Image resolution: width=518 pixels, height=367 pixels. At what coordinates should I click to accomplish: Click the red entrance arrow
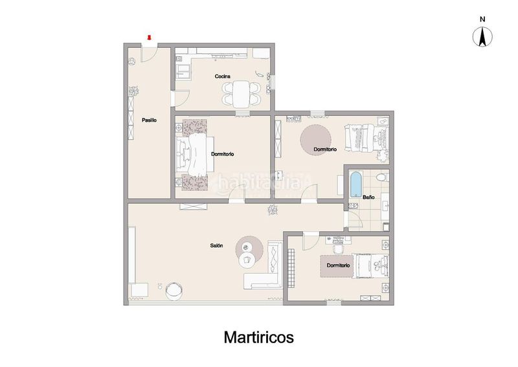pyautogui.click(x=149, y=38)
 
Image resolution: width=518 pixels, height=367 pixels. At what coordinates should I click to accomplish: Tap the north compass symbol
pyautogui.click(x=482, y=37)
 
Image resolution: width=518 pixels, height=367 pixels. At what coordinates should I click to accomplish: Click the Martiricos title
pyautogui.click(x=258, y=337)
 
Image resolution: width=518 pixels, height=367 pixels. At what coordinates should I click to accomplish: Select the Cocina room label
pyautogui.click(x=223, y=76)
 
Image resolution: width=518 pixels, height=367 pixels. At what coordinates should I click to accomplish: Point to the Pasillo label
pyautogui.click(x=149, y=120)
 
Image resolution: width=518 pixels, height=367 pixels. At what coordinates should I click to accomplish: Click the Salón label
pyautogui.click(x=216, y=245)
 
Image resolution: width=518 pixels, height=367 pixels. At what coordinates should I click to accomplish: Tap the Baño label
pyautogui.click(x=368, y=197)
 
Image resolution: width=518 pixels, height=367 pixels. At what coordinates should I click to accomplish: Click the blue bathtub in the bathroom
pyautogui.click(x=355, y=184)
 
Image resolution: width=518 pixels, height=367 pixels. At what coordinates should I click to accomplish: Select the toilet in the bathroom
pyautogui.click(x=382, y=177)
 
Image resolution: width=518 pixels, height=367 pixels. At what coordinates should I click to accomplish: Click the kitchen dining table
pyautogui.click(x=240, y=94)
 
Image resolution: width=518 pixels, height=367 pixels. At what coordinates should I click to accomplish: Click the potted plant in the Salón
pyautogui.click(x=273, y=210)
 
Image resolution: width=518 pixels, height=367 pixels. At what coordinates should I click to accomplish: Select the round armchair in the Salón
pyautogui.click(x=174, y=291)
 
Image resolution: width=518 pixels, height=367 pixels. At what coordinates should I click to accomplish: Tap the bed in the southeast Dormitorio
pyautogui.click(x=370, y=266)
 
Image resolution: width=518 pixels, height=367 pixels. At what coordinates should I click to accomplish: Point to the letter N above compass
pyautogui.click(x=482, y=19)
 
